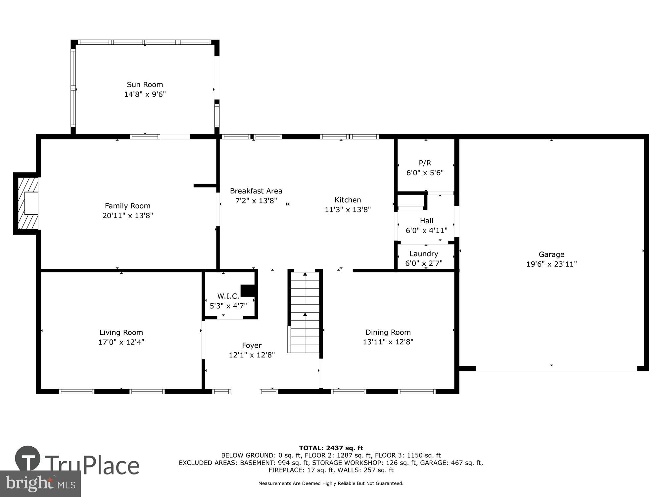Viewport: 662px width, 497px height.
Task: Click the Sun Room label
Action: [x=145, y=84]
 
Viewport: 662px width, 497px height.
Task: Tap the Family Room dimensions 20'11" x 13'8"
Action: [x=127, y=216]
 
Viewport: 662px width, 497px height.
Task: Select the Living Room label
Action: [x=121, y=332]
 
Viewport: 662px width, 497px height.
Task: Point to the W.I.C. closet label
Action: [x=228, y=296]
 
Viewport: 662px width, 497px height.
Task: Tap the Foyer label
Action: [x=252, y=346]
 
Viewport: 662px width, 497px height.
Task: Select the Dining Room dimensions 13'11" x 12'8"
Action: [x=388, y=342]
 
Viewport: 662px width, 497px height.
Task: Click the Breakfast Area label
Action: [x=256, y=191]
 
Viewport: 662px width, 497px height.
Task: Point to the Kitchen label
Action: [x=348, y=200]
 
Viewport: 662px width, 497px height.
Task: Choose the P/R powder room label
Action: [x=425, y=163]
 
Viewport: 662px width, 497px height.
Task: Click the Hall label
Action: [x=426, y=221]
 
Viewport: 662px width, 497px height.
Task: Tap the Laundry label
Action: [x=424, y=254]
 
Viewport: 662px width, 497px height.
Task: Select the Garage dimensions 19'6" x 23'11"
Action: [x=551, y=264]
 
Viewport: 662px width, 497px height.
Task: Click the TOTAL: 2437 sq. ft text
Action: [x=331, y=448]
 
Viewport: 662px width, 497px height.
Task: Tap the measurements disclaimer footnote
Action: [x=331, y=483]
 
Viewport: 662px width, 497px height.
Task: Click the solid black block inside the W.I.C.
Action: [x=248, y=290]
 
